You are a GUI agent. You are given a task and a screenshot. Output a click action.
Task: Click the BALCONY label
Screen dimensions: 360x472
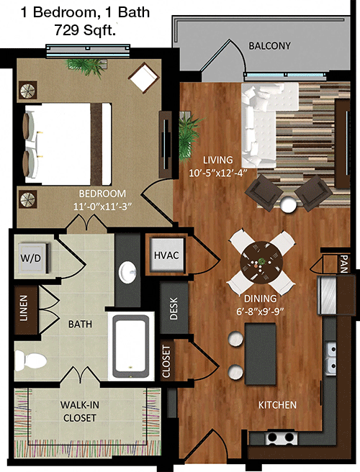[x=269, y=46]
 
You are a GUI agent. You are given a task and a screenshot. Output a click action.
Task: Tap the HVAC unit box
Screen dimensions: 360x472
[x=167, y=255]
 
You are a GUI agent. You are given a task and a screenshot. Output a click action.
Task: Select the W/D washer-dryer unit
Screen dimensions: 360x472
[x=32, y=258]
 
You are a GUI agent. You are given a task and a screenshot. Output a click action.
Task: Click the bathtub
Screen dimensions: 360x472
[x=131, y=346]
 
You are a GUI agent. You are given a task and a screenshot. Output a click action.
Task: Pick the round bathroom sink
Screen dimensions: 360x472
[x=127, y=272]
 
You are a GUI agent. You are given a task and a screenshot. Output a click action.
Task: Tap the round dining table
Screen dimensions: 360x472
[x=261, y=262]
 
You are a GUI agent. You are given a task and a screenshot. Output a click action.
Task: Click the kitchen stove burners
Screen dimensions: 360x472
[x=281, y=437]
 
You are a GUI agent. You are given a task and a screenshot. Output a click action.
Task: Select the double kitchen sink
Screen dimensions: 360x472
[x=331, y=358]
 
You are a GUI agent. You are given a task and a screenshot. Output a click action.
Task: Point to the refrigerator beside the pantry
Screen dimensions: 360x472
[x=328, y=296]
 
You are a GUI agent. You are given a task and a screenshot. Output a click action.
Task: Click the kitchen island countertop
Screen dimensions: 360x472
[x=261, y=354]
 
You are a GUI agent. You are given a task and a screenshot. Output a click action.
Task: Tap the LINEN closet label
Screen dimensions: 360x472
[x=24, y=308]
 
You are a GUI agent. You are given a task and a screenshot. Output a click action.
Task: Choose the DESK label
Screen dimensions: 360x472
[x=174, y=309]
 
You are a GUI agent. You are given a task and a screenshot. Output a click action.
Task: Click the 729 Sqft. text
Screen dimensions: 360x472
[x=85, y=30]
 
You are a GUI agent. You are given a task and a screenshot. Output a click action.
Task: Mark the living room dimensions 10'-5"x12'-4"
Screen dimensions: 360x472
[x=218, y=173]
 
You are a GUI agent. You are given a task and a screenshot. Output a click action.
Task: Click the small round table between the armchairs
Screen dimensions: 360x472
[x=288, y=204]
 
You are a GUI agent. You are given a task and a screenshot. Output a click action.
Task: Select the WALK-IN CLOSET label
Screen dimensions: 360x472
[x=80, y=411]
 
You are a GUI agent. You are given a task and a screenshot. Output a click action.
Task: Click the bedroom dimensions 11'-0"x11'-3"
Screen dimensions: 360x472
[x=103, y=206]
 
